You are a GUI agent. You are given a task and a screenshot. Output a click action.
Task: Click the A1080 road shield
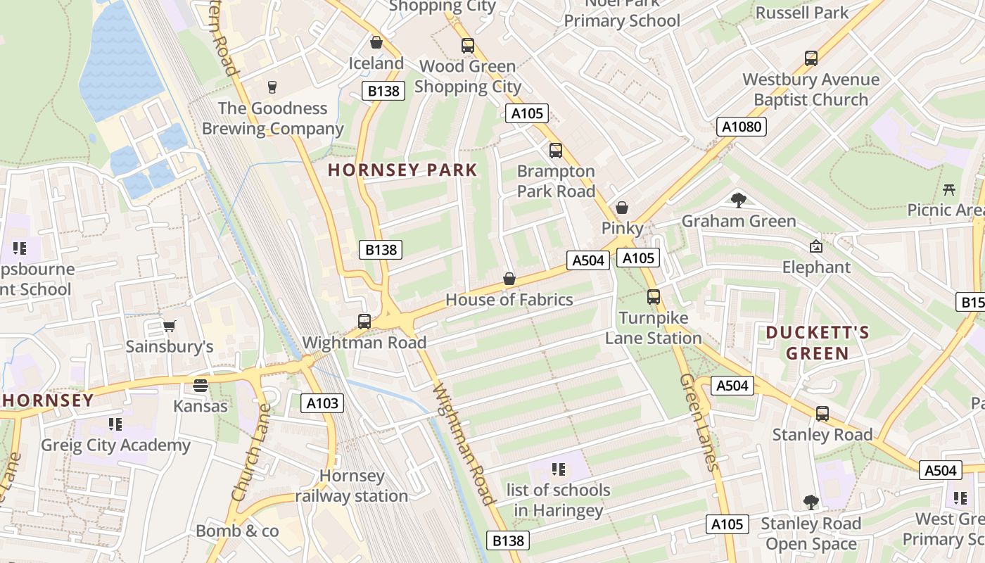click(741, 127)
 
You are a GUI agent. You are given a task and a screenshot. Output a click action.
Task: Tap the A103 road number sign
click(323, 403)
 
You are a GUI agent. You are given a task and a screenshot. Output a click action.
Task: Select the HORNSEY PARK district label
click(402, 170)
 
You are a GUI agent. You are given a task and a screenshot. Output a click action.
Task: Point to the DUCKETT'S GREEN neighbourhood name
click(818, 343)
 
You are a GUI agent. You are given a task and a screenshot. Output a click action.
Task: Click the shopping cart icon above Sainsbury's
click(169, 325)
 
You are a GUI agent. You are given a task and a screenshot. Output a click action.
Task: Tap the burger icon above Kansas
click(201, 385)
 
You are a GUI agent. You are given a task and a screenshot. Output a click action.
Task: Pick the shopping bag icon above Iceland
click(376, 42)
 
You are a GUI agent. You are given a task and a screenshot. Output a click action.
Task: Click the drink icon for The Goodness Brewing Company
click(272, 87)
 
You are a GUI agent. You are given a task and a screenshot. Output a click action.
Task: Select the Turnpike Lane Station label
click(654, 328)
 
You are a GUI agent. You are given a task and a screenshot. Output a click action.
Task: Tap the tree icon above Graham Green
click(738, 201)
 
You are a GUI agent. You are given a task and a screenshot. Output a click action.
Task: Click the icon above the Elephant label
click(816, 246)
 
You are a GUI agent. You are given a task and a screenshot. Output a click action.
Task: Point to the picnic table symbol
click(949, 189)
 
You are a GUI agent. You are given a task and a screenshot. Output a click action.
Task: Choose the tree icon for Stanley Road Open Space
click(811, 502)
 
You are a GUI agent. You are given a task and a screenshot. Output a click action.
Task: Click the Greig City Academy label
click(115, 445)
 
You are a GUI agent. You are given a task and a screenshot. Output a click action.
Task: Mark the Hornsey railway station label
click(351, 486)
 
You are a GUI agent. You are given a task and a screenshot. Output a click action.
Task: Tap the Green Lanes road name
click(699, 422)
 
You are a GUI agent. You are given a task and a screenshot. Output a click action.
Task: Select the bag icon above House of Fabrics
click(509, 279)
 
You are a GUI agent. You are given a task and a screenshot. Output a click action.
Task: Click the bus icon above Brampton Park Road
click(556, 150)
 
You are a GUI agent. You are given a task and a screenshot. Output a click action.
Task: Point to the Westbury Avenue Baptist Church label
click(811, 89)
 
